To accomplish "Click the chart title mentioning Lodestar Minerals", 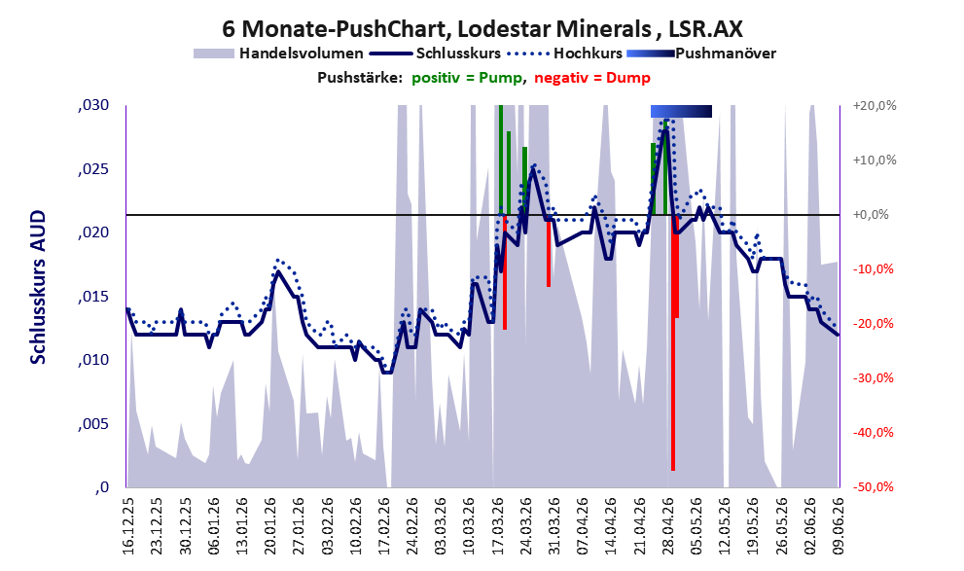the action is [x=482, y=28].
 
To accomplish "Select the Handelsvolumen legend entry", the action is [x=278, y=54].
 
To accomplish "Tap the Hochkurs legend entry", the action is [x=564, y=54].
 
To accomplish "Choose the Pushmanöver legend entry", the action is [x=701, y=54].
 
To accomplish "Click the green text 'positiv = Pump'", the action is [x=468, y=78].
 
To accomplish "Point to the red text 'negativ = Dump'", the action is [x=592, y=78].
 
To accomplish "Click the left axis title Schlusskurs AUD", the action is [x=38, y=287].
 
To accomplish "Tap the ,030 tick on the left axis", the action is [x=93, y=105].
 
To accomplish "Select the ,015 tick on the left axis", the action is [x=93, y=297].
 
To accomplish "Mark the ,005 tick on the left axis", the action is [x=93, y=424].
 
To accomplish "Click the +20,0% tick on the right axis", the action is [x=875, y=106].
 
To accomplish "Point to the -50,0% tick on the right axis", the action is [x=873, y=487].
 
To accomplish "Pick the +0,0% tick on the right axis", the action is [x=871, y=215].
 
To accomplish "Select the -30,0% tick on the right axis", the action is [x=873, y=378].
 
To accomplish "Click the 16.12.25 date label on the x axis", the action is [x=128, y=525].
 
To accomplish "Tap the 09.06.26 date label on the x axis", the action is [x=839, y=525].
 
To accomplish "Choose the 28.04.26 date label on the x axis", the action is [x=668, y=525].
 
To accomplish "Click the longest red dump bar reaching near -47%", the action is [x=673, y=343].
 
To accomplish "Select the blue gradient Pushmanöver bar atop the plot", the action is [x=681, y=111].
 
